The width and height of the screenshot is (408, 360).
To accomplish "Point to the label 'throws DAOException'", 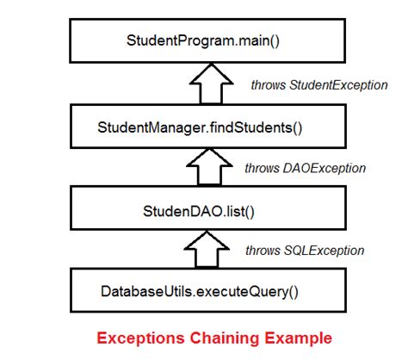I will point(306,168).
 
